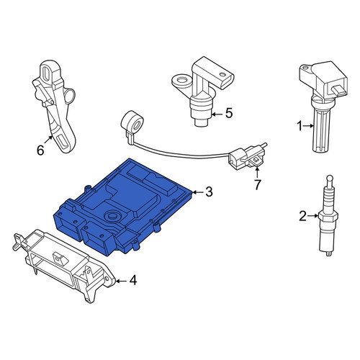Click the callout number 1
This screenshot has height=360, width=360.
click(300, 126)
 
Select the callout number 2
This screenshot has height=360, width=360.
click(302, 216)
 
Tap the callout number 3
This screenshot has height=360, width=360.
click(209, 192)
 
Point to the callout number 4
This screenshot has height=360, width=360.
click(133, 280)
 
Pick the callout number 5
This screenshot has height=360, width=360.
click(229, 113)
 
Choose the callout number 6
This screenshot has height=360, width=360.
click(40, 150)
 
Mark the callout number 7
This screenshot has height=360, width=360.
click(258, 184)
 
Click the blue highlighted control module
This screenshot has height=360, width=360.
click(124, 206)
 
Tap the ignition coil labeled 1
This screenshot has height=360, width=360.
click(323, 106)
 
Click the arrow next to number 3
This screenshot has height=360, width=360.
click(198, 192)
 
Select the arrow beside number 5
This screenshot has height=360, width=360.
click(218, 114)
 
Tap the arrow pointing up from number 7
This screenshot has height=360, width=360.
click(257, 173)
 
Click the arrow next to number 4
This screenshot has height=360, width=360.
click(122, 281)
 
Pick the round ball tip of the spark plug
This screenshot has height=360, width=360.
click(329, 179)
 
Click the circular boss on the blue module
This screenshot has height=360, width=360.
click(112, 215)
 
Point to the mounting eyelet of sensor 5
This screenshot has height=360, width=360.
click(181, 81)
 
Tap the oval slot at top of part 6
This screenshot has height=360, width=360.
click(45, 72)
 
